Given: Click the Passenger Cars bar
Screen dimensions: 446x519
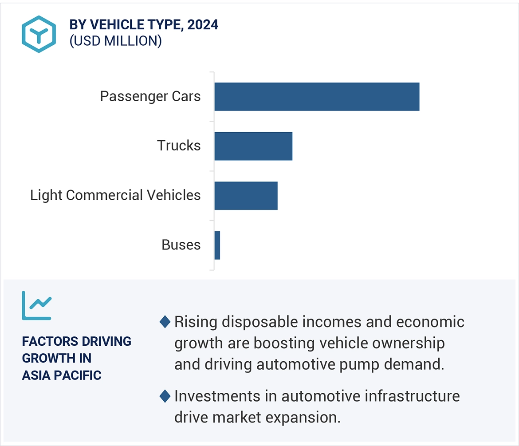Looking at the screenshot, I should click(317, 96).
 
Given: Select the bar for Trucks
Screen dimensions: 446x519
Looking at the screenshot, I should click(253, 146).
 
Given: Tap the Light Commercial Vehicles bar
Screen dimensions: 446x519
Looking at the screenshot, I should click(246, 195).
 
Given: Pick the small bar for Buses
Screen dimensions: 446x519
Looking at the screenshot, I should click(217, 245).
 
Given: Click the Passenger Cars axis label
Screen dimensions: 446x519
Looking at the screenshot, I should click(150, 96).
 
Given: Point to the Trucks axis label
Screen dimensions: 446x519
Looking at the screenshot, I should click(179, 146).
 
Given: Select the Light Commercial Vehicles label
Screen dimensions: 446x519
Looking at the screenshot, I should click(115, 195).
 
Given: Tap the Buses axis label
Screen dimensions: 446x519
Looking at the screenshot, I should click(181, 245).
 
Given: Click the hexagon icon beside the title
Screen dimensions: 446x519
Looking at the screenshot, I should click(39, 34).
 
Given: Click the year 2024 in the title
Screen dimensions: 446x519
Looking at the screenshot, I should click(203, 25).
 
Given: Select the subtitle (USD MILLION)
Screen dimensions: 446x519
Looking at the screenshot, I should click(115, 41).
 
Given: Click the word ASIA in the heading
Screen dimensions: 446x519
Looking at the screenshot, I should click(35, 375).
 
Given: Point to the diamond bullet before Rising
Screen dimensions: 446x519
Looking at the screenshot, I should click(165, 322).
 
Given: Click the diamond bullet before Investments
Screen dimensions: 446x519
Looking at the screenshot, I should click(165, 396).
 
